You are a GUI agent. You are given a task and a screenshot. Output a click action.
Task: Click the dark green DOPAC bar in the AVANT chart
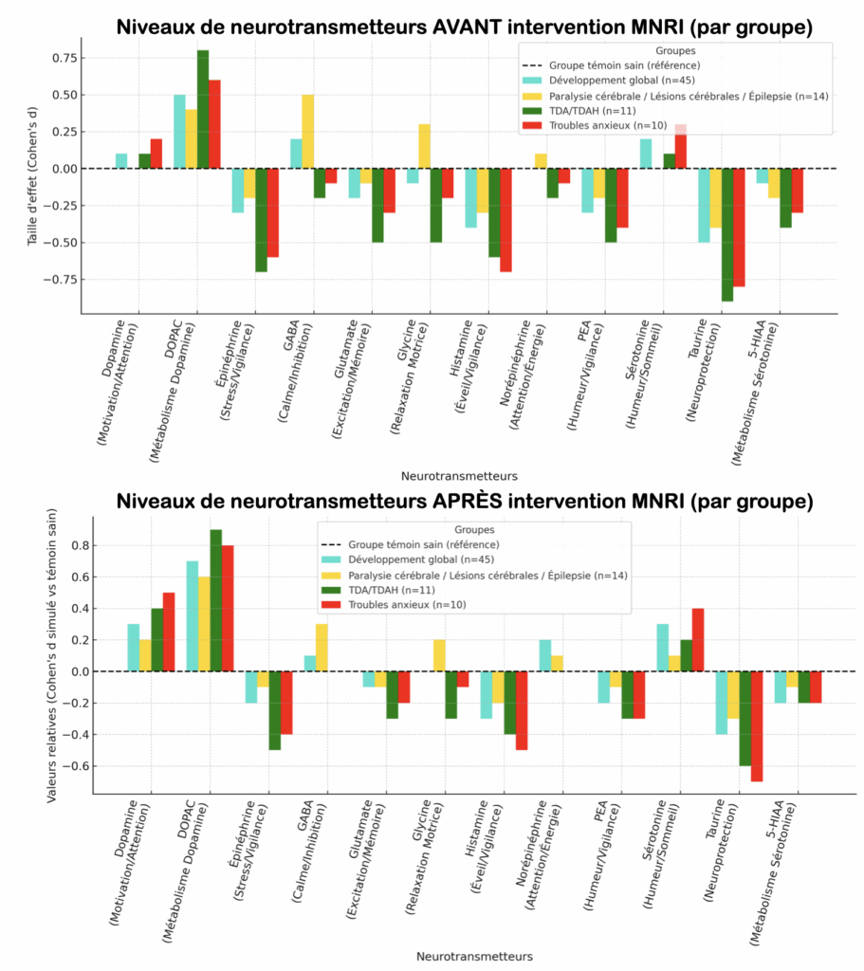203,109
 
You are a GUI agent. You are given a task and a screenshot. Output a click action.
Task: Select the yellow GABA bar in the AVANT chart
307,132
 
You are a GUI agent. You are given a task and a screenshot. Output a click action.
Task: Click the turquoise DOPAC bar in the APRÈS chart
193,616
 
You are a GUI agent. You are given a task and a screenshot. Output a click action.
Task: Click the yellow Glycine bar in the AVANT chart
424,146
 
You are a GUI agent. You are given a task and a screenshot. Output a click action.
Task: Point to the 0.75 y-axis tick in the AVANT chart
66,58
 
